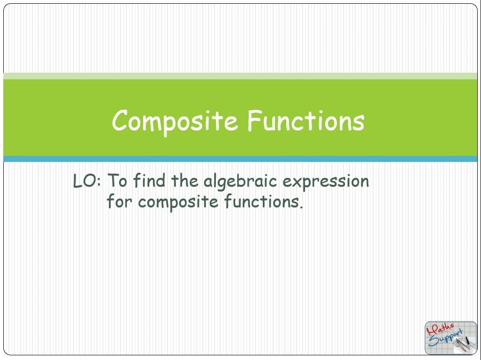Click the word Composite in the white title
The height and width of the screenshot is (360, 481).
(175, 122)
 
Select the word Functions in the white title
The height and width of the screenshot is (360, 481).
(306, 120)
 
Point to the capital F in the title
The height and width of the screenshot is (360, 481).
(255, 120)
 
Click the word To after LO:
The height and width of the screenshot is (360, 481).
(117, 181)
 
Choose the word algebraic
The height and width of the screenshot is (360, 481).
(240, 182)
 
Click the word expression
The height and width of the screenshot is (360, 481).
(326, 182)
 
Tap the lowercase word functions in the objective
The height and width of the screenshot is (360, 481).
(261, 201)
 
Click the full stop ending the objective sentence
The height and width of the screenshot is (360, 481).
(301, 207)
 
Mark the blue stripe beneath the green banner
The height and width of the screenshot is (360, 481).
(240, 159)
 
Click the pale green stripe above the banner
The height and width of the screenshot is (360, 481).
(240, 76)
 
